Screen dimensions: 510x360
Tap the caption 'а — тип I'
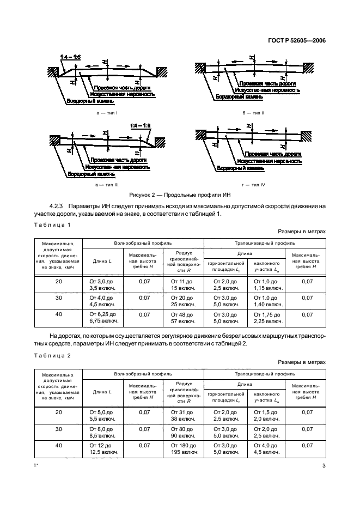(107, 112)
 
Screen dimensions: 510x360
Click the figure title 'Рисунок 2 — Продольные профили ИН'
(180, 195)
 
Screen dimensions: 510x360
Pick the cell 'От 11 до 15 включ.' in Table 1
(183, 284)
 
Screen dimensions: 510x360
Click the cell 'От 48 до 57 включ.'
(183, 318)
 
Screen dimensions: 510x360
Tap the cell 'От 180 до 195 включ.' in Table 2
(183, 448)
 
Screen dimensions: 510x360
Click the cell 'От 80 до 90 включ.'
(183, 432)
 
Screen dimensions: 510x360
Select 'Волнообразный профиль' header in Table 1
(143, 243)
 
